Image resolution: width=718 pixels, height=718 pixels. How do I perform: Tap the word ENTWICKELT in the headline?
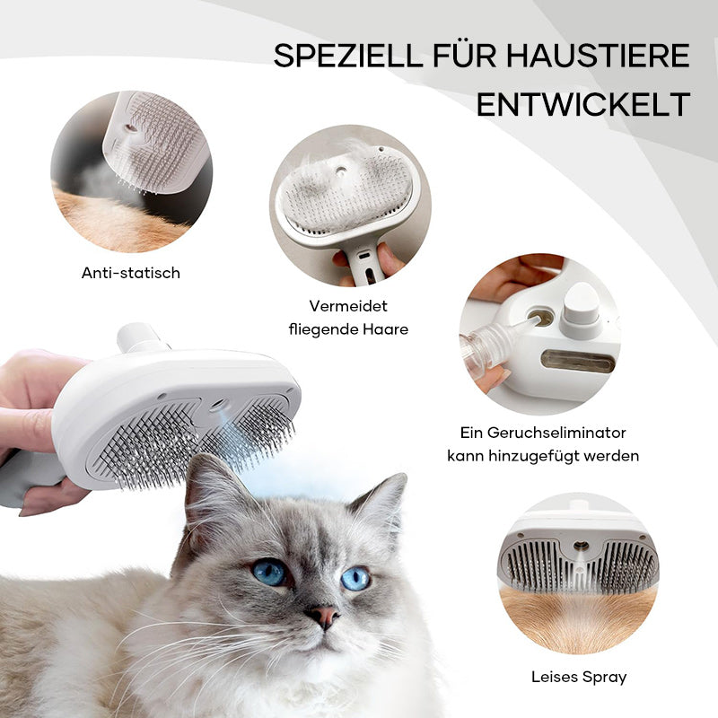582,104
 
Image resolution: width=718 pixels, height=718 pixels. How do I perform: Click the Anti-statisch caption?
131,273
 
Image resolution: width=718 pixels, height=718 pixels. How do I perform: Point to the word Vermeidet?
348,305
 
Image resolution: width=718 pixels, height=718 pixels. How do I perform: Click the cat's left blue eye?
268,572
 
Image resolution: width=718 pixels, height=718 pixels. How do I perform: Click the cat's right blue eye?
355,577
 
